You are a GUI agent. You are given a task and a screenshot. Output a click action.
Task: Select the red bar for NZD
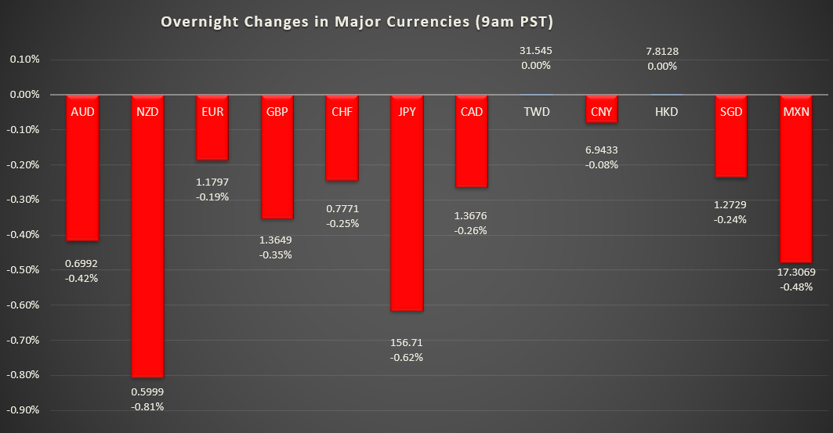pyautogui.click(x=147, y=251)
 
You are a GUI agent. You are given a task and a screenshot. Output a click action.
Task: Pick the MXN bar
pyautogui.click(x=797, y=188)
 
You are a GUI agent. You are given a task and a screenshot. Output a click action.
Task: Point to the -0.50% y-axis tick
pyautogui.click(x=24, y=270)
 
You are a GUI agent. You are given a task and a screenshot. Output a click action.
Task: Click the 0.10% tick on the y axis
pyautogui.click(x=26, y=60)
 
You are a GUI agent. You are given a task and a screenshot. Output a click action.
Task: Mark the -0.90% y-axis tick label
pyautogui.click(x=24, y=410)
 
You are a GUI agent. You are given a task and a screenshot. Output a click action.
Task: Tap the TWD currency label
pyautogui.click(x=536, y=112)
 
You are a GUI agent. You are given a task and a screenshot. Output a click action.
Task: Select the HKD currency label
pyautogui.click(x=666, y=112)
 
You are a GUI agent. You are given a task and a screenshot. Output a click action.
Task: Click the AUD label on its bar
pyautogui.click(x=82, y=112)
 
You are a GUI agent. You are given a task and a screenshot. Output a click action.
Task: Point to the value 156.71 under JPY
pyautogui.click(x=407, y=343)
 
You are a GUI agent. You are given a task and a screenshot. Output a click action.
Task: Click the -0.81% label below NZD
pyautogui.click(x=147, y=406)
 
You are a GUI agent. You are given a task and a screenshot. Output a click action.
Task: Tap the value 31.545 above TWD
pyautogui.click(x=536, y=51)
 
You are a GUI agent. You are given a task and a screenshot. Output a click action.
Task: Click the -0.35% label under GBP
pyautogui.click(x=277, y=254)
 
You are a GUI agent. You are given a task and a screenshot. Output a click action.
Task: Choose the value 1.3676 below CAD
pyautogui.click(x=472, y=215)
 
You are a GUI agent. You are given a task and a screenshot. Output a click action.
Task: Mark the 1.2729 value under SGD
pyautogui.click(x=730, y=204)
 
